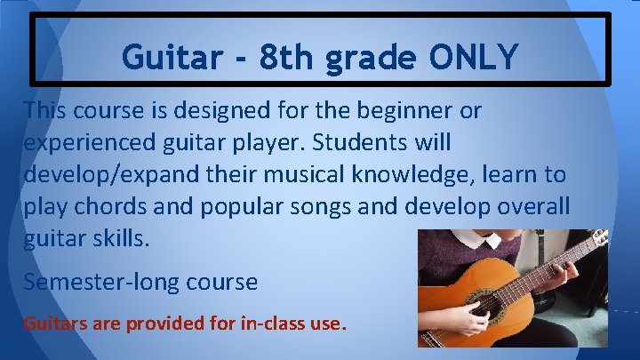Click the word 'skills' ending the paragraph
coord(116,237)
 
